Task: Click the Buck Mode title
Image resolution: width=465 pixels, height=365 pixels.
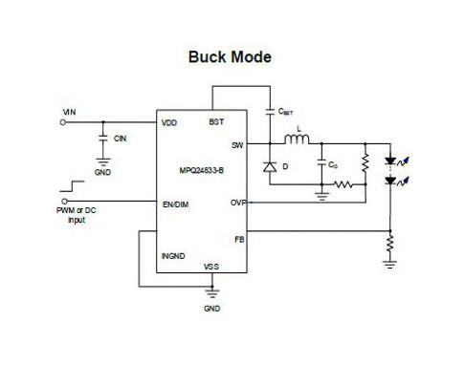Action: point(229,57)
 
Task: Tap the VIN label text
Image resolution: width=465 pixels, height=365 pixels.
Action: point(69,112)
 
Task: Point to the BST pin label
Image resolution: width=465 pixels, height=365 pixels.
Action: point(216,122)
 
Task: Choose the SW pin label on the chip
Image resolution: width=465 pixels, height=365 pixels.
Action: point(237,145)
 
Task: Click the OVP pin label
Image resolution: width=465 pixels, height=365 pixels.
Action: point(237,203)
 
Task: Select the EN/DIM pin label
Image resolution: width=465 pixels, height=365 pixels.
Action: point(176,203)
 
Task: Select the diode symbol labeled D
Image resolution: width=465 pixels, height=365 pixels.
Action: point(271,165)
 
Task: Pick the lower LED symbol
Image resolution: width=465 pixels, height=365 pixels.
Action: point(390,181)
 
